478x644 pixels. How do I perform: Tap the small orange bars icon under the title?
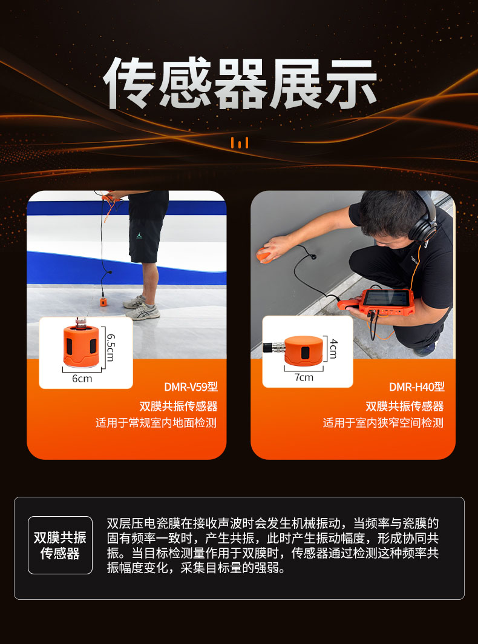[240, 143]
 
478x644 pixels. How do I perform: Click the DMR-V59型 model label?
[191, 387]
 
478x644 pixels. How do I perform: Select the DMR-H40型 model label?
[416, 387]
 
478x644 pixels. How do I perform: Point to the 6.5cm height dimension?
[110, 348]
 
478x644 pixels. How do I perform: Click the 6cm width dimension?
[82, 378]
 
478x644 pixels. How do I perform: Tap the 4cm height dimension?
[333, 348]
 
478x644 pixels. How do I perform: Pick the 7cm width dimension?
[304, 377]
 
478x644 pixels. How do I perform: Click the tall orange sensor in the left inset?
[81, 347]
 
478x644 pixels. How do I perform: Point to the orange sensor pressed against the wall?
[264, 254]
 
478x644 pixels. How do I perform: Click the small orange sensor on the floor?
[103, 301]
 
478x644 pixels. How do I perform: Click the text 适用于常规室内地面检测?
[156, 423]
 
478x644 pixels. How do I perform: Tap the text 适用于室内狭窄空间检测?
[382, 423]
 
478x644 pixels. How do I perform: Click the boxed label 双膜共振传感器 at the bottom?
[60, 545]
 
